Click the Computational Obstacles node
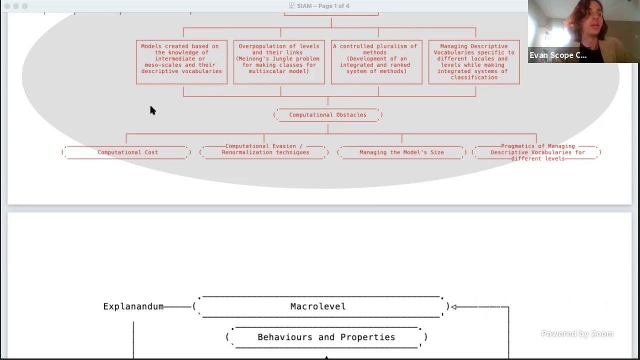327,115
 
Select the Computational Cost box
126,152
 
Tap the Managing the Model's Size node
401,152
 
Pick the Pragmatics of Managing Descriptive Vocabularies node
536,152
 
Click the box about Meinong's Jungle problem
279,62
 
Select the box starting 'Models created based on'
181,62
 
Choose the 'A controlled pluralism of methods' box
376,62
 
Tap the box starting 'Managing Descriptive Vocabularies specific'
474,62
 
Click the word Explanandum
133,306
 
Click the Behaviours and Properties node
326,337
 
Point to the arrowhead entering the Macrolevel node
454,307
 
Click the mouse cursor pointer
152,110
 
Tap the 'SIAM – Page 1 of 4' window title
323,6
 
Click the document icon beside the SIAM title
291,5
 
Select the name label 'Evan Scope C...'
558,55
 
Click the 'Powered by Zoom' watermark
577,333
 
